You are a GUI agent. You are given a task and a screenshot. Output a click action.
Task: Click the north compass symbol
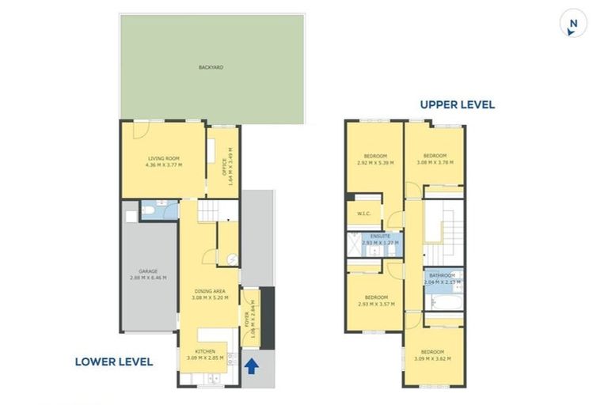pos(572,25)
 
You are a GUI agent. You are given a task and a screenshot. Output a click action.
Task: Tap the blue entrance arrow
pos(252,366)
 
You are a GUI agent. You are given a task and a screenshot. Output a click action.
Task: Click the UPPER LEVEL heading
pos(458,104)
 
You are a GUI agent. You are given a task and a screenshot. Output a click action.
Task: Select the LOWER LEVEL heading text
pos(113,362)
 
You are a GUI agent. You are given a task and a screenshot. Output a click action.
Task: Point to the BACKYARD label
pos(211,68)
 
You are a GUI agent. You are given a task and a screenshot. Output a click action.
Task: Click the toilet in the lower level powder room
pos(150,210)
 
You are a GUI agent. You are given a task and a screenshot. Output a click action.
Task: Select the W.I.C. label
pos(365,213)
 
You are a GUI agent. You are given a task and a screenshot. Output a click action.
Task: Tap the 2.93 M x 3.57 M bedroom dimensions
pos(376,304)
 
